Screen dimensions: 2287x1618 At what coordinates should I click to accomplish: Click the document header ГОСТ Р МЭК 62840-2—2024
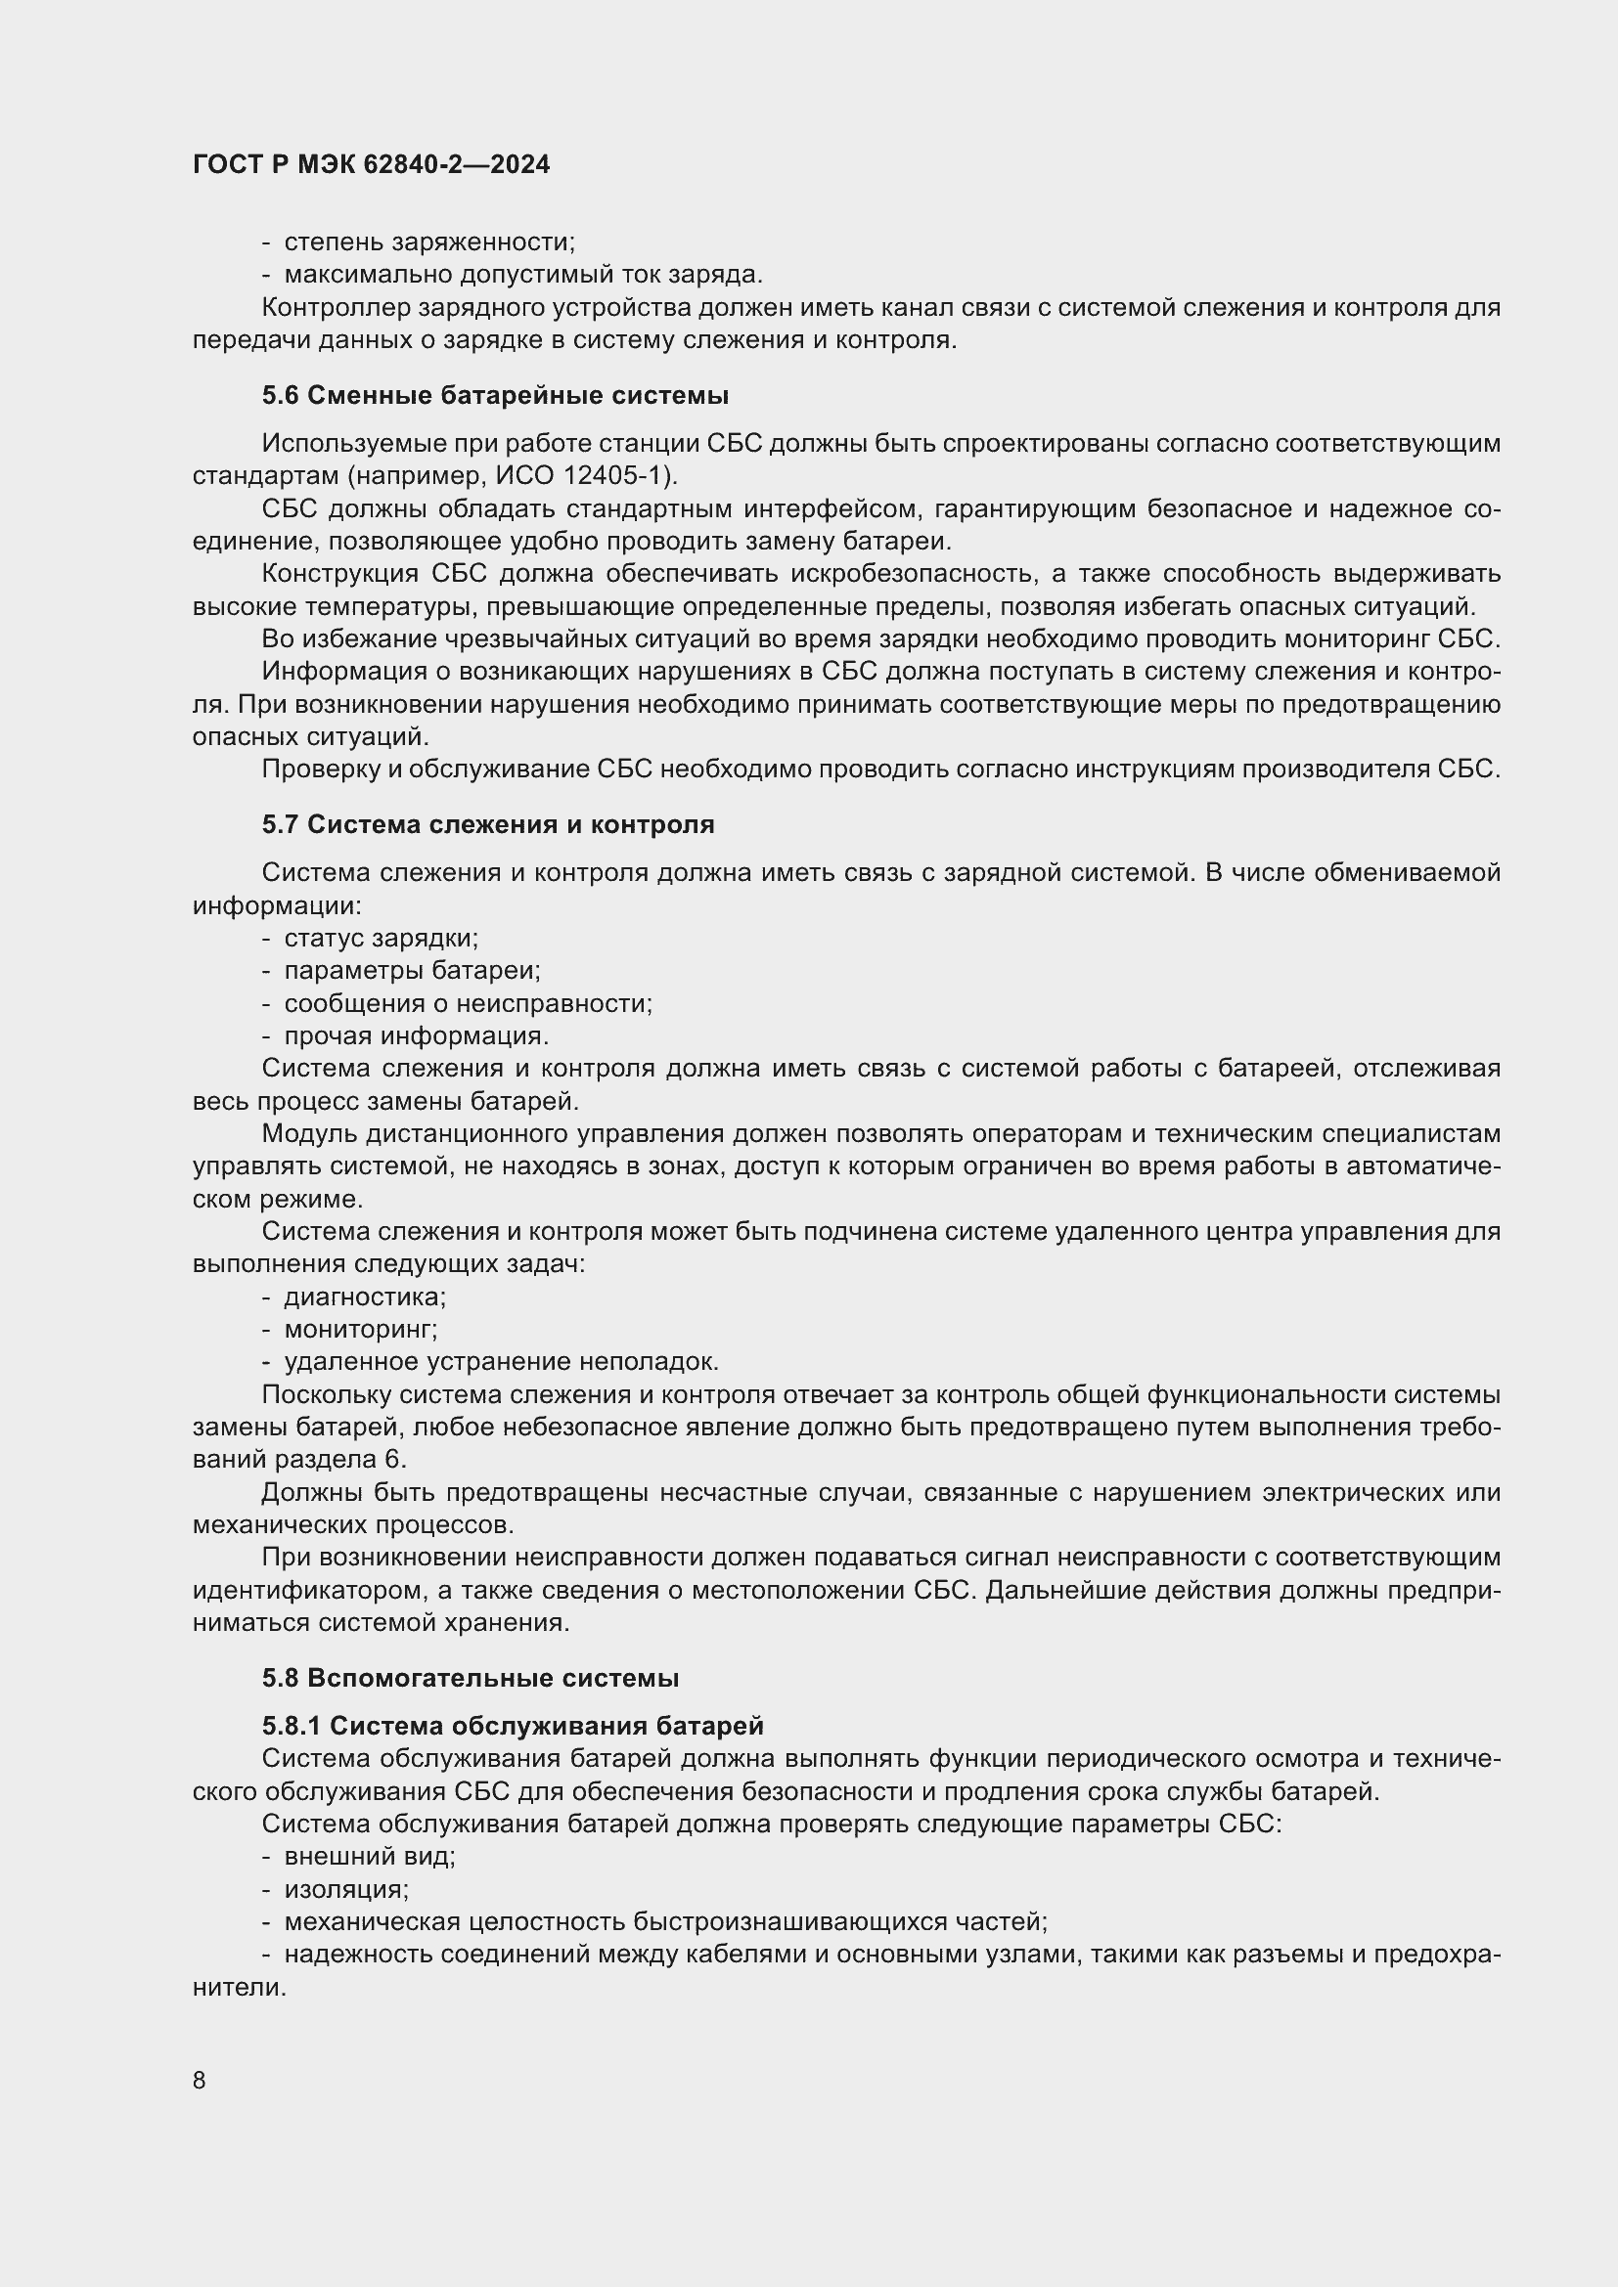tap(371, 165)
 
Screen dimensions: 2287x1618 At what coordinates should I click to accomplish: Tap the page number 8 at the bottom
tap(200, 2080)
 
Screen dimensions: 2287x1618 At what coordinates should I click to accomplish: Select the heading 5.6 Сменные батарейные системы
tap(495, 395)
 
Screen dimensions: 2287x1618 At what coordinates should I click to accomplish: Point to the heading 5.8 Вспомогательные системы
tap(471, 1678)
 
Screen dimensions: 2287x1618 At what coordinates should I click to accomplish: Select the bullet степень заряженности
tap(428, 242)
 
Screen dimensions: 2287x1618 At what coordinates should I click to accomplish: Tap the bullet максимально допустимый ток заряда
tap(522, 274)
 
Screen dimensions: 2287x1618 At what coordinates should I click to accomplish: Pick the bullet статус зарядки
tap(381, 939)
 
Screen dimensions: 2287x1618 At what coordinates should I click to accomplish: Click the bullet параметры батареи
tap(412, 970)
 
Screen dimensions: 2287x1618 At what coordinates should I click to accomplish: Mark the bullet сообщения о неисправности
tap(468, 1003)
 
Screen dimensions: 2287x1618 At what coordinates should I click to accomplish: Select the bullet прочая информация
tap(416, 1035)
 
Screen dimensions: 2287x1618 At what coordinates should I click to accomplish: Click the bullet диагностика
tap(365, 1297)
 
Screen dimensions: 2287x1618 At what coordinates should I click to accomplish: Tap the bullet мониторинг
tap(360, 1329)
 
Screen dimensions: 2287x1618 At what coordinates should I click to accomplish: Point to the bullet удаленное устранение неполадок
tap(500, 1362)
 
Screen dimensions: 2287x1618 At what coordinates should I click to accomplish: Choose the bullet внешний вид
tap(369, 1856)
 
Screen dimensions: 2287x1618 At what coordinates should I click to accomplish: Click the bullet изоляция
tap(345, 1889)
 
